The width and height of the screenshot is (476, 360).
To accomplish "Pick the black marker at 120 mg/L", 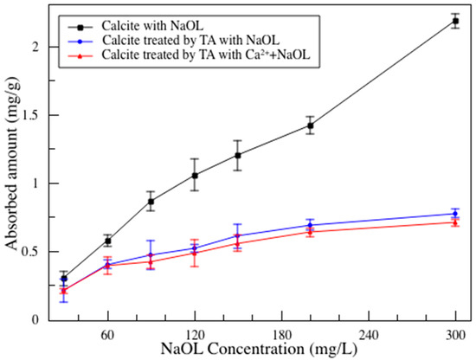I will (195, 176).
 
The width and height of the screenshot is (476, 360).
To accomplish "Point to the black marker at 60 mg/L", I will (108, 241).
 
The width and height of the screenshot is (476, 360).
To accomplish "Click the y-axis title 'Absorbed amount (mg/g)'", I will (11, 164).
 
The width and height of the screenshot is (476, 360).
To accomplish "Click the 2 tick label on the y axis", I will (37, 47).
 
